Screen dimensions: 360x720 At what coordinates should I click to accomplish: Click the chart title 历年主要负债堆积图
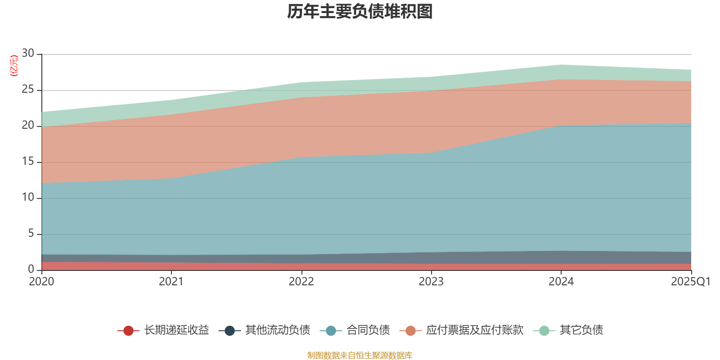[360, 12]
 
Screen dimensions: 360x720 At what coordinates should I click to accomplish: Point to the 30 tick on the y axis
[28, 53]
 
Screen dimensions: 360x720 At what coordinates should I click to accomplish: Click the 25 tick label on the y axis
[28, 89]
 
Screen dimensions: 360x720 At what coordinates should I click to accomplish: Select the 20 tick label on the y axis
[28, 125]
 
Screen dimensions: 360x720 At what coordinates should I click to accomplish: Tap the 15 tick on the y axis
[28, 161]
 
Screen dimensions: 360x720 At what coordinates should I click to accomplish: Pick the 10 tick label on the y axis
[28, 197]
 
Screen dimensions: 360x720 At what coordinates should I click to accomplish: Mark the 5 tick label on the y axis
[31, 233]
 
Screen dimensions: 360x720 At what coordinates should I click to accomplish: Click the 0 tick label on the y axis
[31, 269]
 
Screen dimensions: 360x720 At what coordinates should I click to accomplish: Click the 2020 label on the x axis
[41, 282]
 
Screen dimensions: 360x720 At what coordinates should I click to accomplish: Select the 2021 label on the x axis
[171, 282]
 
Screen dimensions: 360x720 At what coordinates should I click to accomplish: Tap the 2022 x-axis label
[301, 282]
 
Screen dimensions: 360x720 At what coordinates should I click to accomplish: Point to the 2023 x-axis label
[431, 282]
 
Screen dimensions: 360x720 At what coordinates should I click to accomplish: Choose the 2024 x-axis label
[561, 282]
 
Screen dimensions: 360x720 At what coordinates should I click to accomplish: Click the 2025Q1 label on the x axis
[691, 282]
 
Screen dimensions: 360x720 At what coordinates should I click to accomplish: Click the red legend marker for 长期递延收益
[128, 331]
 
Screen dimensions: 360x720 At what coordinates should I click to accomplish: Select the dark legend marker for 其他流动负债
[229, 331]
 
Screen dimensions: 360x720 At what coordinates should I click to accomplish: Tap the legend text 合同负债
[368, 330]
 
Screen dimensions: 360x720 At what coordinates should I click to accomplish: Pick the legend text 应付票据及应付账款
[475, 330]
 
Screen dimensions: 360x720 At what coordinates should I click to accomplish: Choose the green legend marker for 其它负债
[544, 331]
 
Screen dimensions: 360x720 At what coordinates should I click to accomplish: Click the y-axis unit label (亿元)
[14, 66]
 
